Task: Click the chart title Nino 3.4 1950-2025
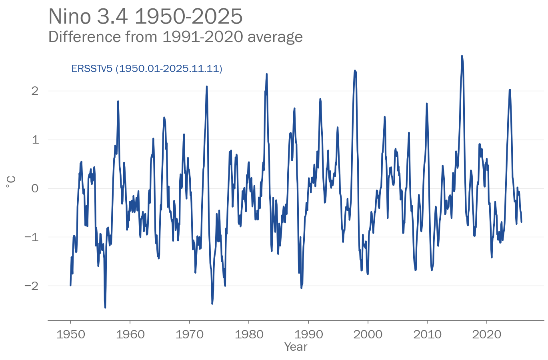click(x=145, y=17)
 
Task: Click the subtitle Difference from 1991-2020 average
click(x=175, y=37)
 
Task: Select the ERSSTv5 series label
click(x=146, y=68)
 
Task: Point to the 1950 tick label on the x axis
click(x=70, y=334)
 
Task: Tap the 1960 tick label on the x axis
click(x=130, y=334)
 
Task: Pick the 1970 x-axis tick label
click(x=189, y=334)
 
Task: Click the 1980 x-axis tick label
click(x=249, y=334)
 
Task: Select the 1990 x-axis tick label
click(x=308, y=334)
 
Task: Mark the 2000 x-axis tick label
click(x=368, y=334)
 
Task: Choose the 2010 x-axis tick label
click(x=427, y=334)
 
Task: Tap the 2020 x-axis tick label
click(x=486, y=334)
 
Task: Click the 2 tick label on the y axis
click(x=35, y=91)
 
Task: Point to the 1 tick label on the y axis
click(x=35, y=140)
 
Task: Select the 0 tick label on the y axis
click(x=35, y=188)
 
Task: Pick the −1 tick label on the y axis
click(x=32, y=237)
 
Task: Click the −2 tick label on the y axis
click(x=32, y=286)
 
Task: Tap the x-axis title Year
click(x=296, y=347)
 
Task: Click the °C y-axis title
click(x=11, y=182)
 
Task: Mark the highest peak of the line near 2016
click(x=462, y=56)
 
